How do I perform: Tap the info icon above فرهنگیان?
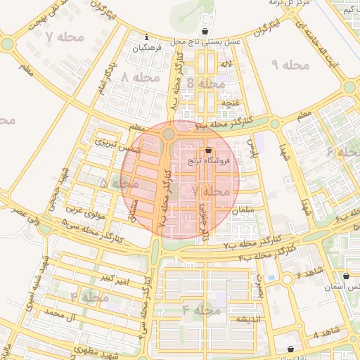(x=146, y=37)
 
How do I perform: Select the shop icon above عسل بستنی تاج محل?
(x=205, y=32)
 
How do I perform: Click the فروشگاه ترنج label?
(x=209, y=160)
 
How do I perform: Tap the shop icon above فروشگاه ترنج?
(x=209, y=150)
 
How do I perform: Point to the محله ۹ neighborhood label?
(x=290, y=65)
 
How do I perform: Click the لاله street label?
(x=226, y=65)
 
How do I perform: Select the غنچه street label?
(x=229, y=103)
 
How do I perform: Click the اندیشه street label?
(x=249, y=320)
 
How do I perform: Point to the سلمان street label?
(x=259, y=210)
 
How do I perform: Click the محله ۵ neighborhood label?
(x=115, y=183)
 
